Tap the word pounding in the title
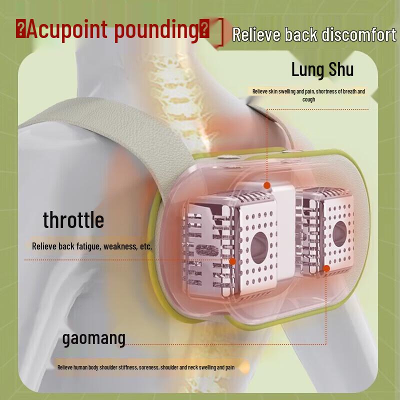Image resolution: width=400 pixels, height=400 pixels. [156, 29]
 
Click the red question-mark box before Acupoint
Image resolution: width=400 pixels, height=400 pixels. [20, 29]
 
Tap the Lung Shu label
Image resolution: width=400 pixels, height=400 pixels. [322, 69]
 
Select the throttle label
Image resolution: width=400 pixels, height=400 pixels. [73, 219]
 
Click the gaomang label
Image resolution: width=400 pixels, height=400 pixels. [93, 338]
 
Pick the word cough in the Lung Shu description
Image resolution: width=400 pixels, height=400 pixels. [308, 99]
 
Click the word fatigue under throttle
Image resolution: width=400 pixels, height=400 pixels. [86, 246]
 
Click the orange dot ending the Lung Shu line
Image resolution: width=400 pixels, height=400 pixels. [267, 185]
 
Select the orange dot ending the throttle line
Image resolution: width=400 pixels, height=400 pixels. [232, 261]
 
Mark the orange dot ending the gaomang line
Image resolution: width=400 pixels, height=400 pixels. [326, 268]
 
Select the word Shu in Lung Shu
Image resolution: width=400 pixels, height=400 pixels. [340, 69]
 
